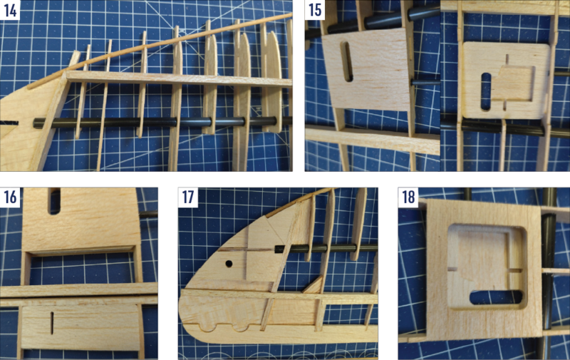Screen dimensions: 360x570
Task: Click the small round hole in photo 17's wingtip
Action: [x=229, y=264]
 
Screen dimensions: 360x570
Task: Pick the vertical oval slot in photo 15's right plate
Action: [x=487, y=87]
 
